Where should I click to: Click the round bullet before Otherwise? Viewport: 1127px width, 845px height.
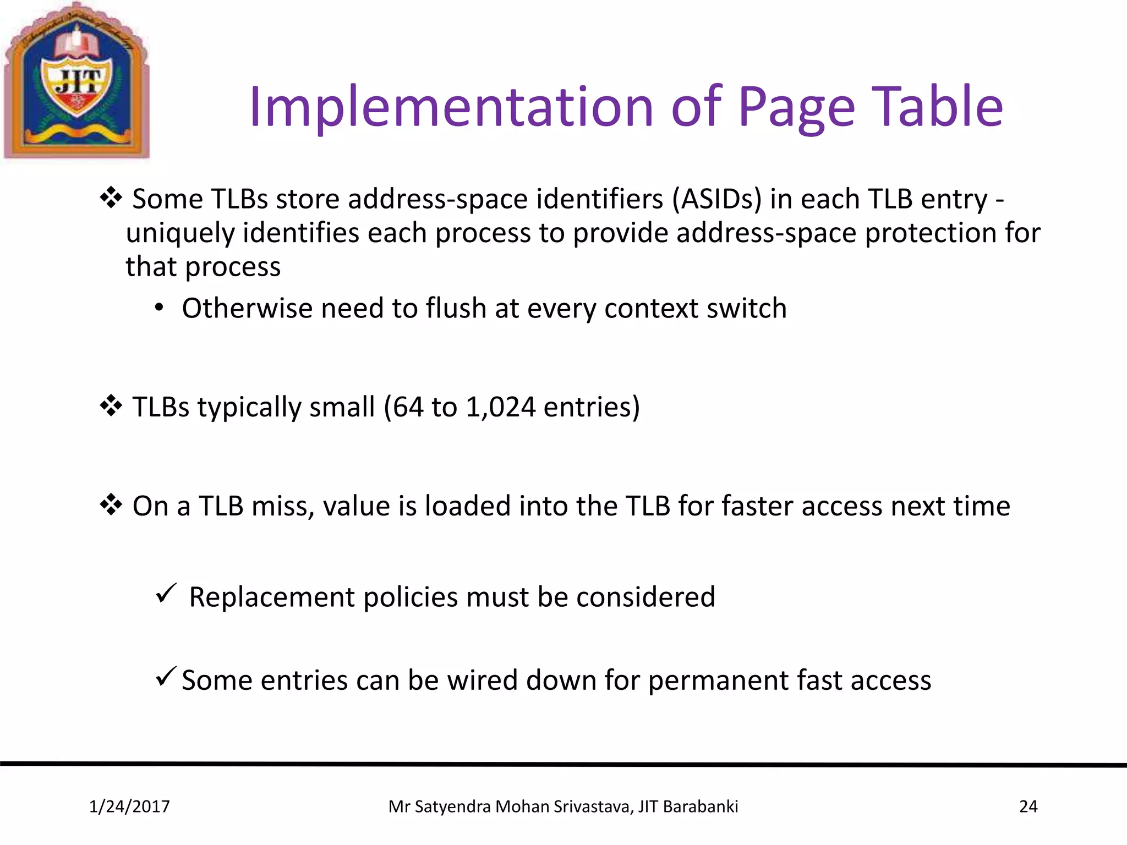tap(159, 309)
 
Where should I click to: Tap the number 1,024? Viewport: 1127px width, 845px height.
tap(500, 407)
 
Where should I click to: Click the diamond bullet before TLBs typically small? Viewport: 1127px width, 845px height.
tap(111, 406)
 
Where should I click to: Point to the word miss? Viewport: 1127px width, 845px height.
tap(282, 506)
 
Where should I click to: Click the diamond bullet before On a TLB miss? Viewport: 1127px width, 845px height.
tap(111, 504)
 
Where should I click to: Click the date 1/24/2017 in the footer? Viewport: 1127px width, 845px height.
tap(129, 806)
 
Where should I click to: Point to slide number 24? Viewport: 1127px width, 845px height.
tap(1028, 806)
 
